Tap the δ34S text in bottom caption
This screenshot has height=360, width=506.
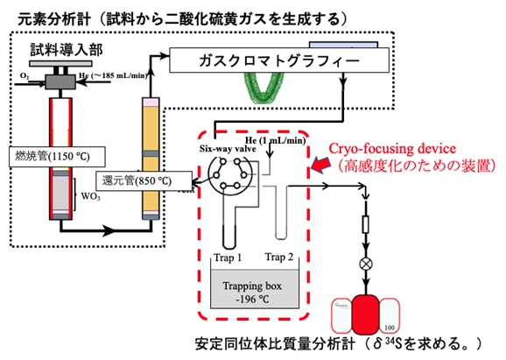click(390, 342)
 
